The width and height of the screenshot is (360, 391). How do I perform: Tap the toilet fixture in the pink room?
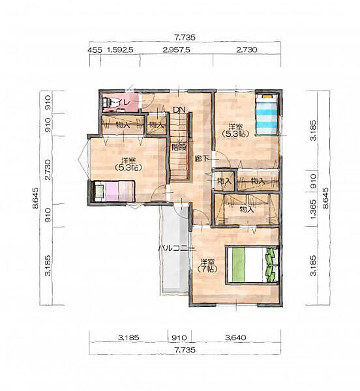(x=108, y=102)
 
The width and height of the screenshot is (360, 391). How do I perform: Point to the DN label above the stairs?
(x=179, y=109)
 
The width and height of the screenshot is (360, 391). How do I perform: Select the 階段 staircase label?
(x=179, y=147)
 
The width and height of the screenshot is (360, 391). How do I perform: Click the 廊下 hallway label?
(x=202, y=158)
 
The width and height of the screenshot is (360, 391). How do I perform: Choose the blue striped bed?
(x=267, y=115)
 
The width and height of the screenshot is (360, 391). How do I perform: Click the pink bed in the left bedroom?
(x=113, y=191)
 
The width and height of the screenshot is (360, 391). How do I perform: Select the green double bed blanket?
(x=239, y=265)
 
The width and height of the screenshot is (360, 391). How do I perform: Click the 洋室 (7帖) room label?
(x=207, y=265)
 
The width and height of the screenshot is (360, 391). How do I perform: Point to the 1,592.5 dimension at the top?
(x=120, y=50)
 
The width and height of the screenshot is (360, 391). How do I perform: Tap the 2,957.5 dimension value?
(x=176, y=50)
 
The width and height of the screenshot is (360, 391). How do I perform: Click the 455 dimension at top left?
(x=95, y=50)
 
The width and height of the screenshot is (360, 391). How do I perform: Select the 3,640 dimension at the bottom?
(x=235, y=338)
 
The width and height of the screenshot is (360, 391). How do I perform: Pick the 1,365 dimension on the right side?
(x=313, y=209)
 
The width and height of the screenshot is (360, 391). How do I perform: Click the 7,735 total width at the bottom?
(x=185, y=350)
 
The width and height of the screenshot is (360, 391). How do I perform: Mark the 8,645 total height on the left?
(x=36, y=197)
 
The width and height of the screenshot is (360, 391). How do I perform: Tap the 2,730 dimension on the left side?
(x=48, y=170)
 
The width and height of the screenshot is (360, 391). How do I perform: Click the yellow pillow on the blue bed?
(x=267, y=96)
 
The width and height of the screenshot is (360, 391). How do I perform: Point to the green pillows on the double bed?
(x=270, y=265)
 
